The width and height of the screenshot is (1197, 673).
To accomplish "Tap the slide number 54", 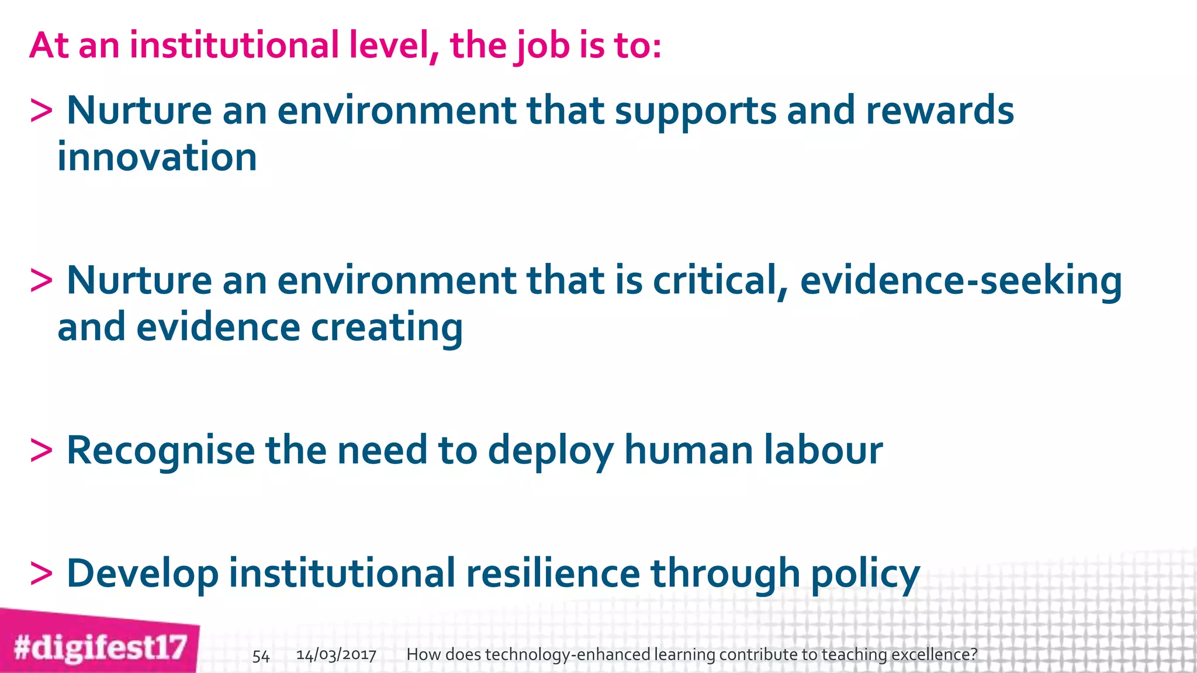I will (x=261, y=656).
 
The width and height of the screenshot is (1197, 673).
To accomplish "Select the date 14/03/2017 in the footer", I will (x=336, y=655).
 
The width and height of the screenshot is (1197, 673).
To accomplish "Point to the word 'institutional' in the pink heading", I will (x=234, y=45).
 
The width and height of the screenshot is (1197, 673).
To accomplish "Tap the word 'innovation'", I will (x=157, y=157).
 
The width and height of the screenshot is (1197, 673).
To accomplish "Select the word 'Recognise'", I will (x=161, y=451).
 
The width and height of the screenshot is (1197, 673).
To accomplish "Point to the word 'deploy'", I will (x=551, y=451).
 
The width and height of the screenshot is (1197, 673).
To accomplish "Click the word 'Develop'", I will (x=143, y=574).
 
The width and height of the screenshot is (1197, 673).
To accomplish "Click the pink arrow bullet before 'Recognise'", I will (x=41, y=451).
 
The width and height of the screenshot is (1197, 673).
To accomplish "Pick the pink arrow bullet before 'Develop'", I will (x=41, y=574).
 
